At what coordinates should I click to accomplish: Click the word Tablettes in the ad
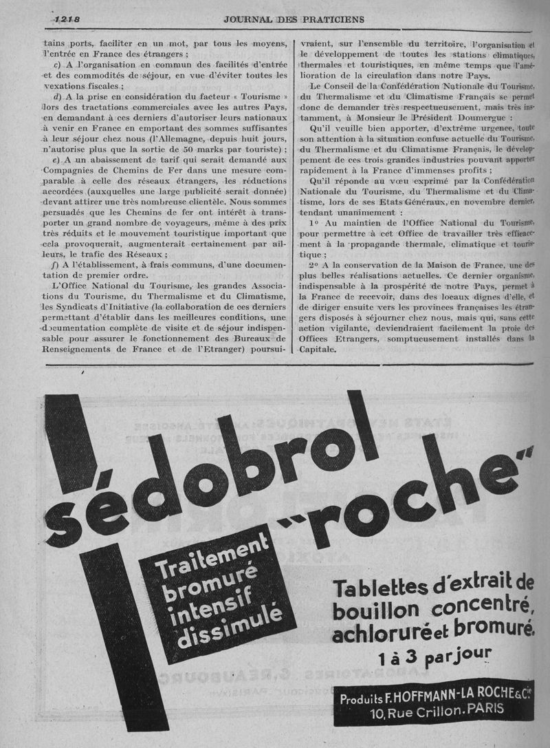tap(378, 589)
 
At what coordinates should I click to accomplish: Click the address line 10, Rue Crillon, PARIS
tap(437, 709)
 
